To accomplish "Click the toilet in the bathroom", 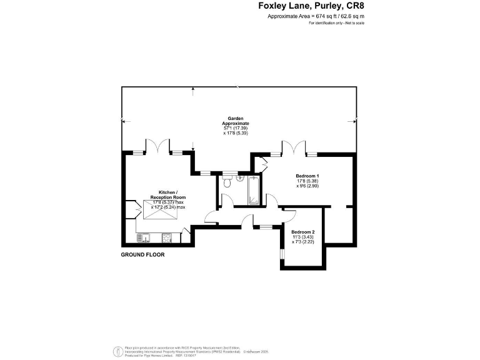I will pyautogui.click(x=226, y=184).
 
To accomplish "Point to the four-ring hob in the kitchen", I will pyautogui.click(x=167, y=237).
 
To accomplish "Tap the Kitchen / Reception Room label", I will pyautogui.click(x=168, y=194).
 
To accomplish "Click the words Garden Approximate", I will pyautogui.click(x=236, y=121).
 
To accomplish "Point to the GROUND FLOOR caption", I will pyautogui.click(x=142, y=255).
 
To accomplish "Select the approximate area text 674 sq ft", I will pyautogui.click(x=316, y=16).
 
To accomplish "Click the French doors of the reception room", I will pyautogui.click(x=157, y=146).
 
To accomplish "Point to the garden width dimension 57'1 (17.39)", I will pyautogui.click(x=236, y=128).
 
